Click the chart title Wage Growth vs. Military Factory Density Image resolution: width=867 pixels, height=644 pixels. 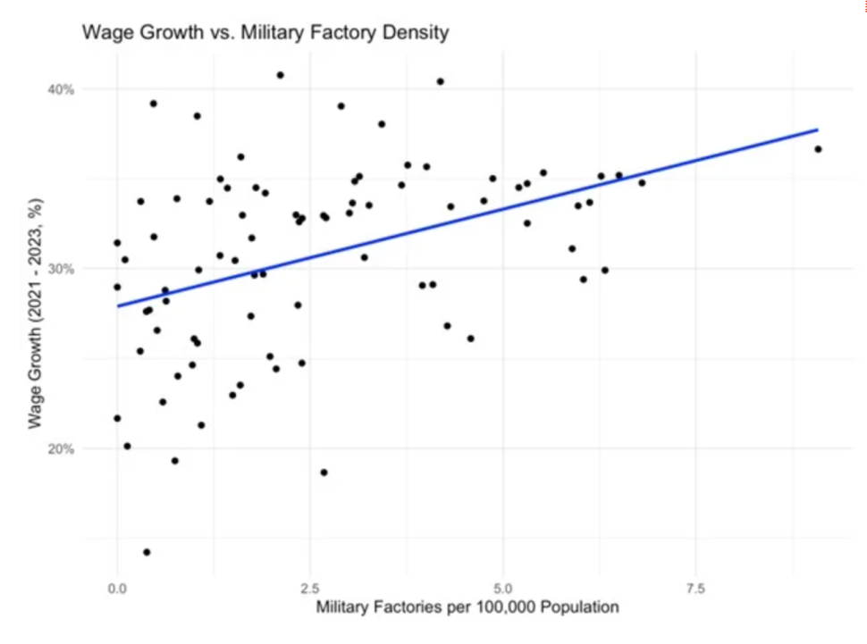coord(265,33)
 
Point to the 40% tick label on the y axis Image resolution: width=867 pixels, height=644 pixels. coord(62,89)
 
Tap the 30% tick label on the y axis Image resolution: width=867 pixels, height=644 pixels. coord(62,269)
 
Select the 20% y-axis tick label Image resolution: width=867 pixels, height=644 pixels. coord(62,448)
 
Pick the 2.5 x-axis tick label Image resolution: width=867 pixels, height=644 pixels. coord(310,590)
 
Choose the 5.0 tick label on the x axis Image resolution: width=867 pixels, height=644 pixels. coord(503,590)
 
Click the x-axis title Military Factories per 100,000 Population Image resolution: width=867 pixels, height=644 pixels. coord(467,608)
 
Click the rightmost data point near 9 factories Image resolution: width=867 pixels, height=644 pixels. coord(818,149)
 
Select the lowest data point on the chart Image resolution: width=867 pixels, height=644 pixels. coord(147,552)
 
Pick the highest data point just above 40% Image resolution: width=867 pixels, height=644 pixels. coord(280,75)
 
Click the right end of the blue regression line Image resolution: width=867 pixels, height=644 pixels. coord(817,130)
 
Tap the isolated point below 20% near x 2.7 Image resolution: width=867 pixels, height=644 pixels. coord(324,473)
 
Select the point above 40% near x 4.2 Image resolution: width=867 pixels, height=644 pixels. coord(440,81)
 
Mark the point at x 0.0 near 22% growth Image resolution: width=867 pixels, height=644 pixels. coord(117,418)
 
